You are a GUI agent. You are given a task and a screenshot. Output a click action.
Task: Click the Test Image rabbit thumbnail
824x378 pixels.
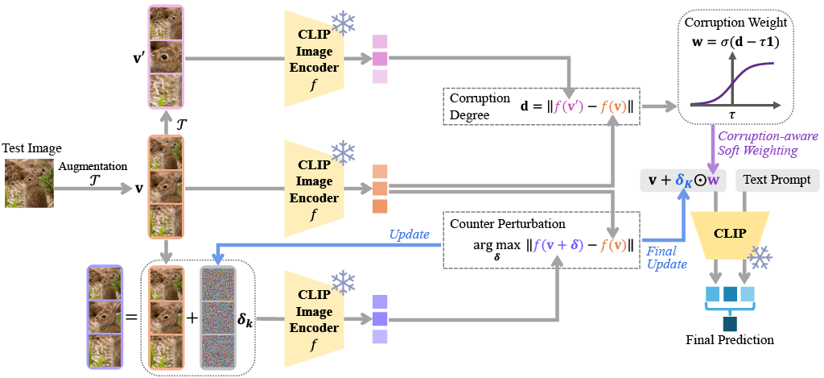coord(31,184)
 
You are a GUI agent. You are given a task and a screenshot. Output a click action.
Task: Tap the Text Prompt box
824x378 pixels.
coord(778,181)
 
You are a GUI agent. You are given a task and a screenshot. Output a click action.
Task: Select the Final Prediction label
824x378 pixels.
coord(730,339)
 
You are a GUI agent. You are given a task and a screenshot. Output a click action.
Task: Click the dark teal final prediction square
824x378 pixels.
coord(730,324)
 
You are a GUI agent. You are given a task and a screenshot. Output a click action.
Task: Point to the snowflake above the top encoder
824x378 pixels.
coord(344,23)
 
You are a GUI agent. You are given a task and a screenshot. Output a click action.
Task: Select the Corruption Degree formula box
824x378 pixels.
coord(542,106)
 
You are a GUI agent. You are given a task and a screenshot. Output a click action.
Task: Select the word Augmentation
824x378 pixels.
coord(93,165)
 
